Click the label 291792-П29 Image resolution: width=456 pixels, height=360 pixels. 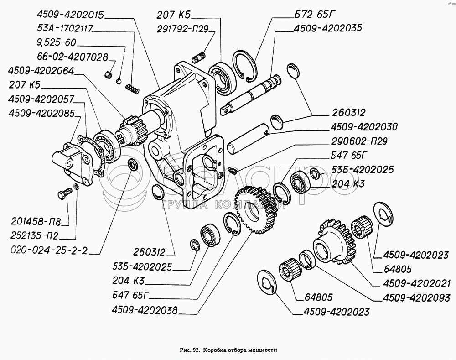click(x=181, y=29)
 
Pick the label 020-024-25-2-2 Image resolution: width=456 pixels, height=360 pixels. click(x=48, y=251)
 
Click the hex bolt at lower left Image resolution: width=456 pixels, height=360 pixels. click(x=63, y=195)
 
